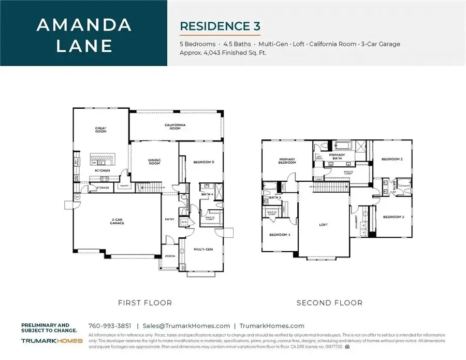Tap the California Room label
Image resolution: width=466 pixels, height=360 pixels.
click(x=175, y=126)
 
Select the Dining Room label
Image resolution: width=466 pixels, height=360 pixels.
click(x=155, y=162)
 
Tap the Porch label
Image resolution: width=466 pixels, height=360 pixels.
click(x=169, y=256)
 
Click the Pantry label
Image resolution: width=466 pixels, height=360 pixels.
click(x=124, y=185)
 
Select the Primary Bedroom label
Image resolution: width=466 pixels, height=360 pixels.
click(x=287, y=161)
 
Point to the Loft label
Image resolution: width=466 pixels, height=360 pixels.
click(x=324, y=225)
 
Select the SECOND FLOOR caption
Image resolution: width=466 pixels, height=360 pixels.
click(x=329, y=303)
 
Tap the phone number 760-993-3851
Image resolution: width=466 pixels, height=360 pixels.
click(x=109, y=326)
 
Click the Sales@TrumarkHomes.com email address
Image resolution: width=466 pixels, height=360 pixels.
click(x=186, y=326)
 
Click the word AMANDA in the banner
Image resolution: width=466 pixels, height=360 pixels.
click(x=83, y=25)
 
